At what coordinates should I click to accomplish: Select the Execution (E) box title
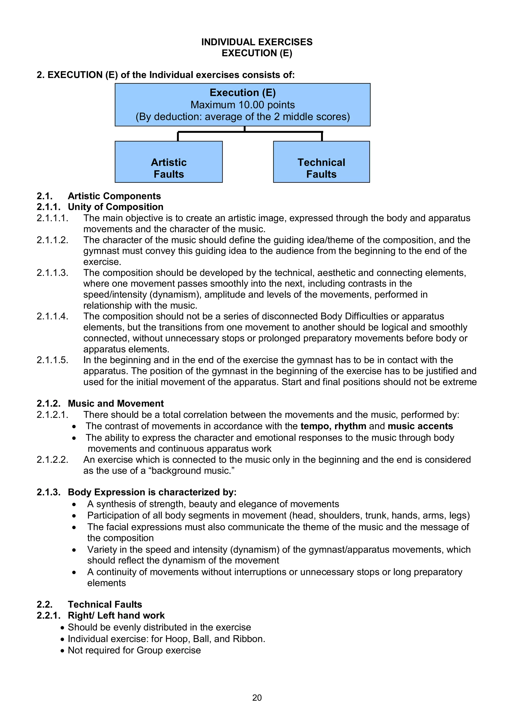click(x=243, y=93)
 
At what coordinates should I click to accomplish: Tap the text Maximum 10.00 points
click(x=243, y=105)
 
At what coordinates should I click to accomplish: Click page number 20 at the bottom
click(x=257, y=698)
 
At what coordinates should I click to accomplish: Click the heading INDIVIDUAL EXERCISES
click(x=257, y=42)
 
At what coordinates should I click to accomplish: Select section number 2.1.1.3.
click(x=52, y=273)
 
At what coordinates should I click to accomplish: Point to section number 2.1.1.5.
click(x=52, y=360)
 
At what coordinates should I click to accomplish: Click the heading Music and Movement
click(x=116, y=403)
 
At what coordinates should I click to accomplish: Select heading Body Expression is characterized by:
click(x=152, y=492)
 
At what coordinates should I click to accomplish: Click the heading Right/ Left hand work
click(x=116, y=615)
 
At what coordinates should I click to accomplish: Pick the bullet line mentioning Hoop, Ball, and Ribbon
click(x=166, y=639)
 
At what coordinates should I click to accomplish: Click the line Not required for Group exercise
click(x=134, y=650)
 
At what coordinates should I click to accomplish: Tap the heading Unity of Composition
click(x=116, y=207)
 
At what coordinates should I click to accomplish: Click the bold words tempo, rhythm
click(x=333, y=426)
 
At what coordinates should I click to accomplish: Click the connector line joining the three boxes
click(x=250, y=132)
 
